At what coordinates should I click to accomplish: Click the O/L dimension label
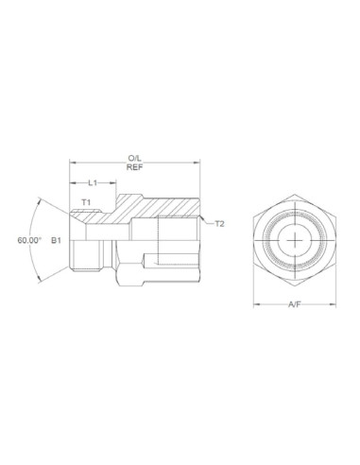point(134,158)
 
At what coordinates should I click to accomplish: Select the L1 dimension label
point(93,181)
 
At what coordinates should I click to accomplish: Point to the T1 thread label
point(85,202)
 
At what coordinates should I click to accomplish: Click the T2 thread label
point(219,224)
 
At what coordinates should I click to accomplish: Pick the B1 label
point(56,241)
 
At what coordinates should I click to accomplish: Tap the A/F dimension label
point(295,305)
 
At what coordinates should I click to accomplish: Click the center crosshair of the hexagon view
point(295,241)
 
